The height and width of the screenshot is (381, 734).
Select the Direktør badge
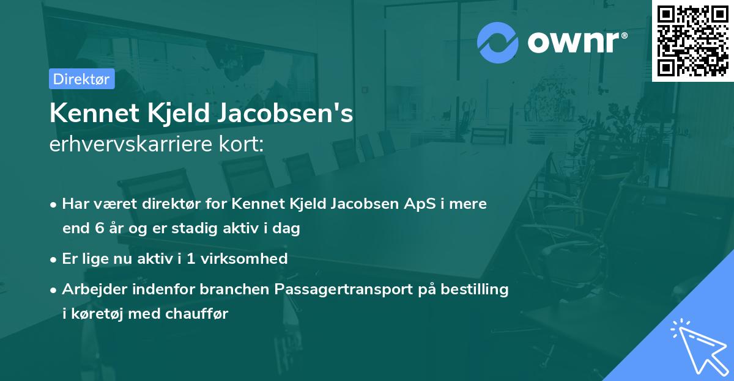pos(81,79)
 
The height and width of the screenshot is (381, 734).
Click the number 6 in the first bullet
pos(100,229)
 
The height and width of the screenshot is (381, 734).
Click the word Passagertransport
pos(346,289)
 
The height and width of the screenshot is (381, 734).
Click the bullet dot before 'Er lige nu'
pos(54,259)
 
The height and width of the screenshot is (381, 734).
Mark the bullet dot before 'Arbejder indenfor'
pos(54,289)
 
